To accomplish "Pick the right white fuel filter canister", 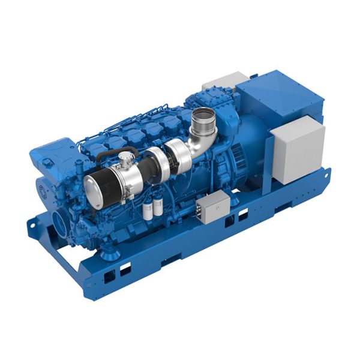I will (x=158, y=205).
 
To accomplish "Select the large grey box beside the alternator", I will (x=297, y=147).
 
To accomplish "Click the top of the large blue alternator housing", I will (x=276, y=96).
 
